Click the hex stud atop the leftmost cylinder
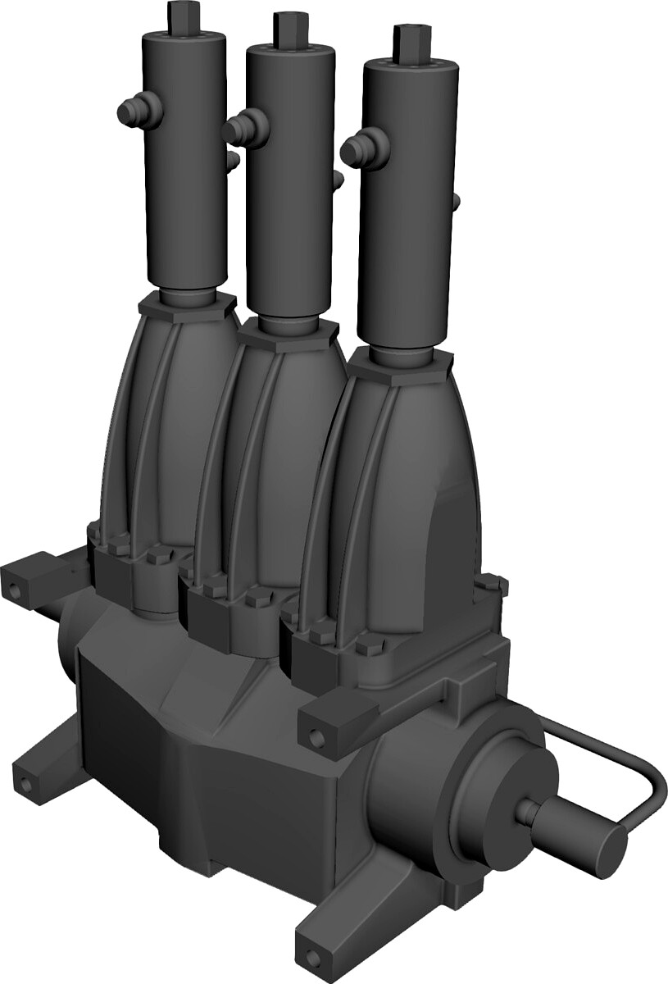coord(182,14)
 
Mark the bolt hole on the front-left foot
coord(27,786)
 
